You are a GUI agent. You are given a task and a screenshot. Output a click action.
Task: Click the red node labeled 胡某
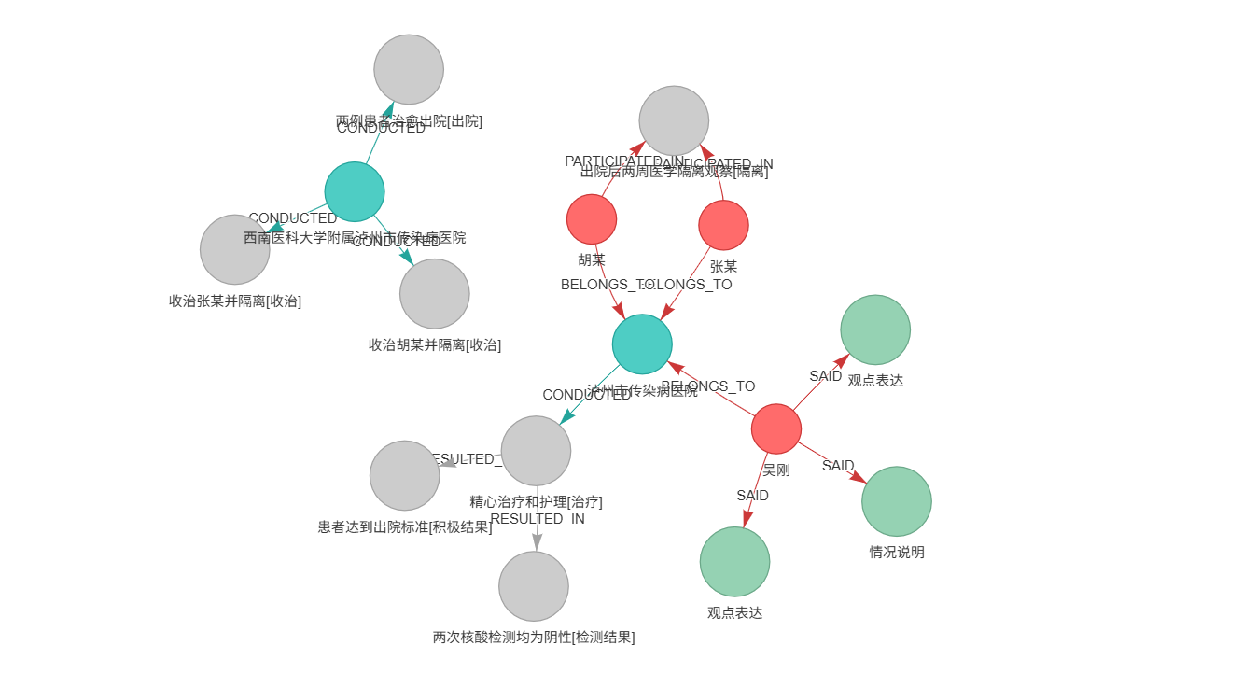click(592, 219)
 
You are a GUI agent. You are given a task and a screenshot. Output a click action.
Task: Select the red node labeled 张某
click(723, 225)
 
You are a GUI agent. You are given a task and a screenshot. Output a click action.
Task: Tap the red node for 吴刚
click(776, 428)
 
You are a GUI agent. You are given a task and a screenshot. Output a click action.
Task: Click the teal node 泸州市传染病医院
click(642, 344)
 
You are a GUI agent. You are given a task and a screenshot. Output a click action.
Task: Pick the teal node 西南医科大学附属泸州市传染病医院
click(355, 191)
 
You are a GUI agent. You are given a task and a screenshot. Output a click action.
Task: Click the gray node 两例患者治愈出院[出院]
click(409, 69)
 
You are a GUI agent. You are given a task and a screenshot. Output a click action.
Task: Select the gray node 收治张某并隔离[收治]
click(235, 249)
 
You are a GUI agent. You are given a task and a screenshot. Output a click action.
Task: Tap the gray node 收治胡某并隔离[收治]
click(435, 294)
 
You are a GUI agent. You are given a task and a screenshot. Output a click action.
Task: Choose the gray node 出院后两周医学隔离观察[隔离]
click(674, 121)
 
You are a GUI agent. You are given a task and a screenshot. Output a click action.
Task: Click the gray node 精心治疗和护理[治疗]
click(536, 451)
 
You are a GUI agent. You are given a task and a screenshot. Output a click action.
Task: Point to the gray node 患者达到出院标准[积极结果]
click(405, 475)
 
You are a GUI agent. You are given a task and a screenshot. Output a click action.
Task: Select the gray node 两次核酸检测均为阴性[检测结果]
click(534, 586)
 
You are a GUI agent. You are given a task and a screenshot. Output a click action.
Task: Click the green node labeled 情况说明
click(897, 501)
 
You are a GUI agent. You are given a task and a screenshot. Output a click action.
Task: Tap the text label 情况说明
click(897, 552)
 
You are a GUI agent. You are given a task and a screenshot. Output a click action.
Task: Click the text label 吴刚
click(776, 470)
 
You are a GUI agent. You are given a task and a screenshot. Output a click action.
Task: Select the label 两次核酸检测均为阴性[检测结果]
click(534, 638)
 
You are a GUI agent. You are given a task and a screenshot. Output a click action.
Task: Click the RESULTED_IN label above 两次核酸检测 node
click(538, 519)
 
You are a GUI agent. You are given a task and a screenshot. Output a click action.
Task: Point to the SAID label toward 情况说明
click(838, 466)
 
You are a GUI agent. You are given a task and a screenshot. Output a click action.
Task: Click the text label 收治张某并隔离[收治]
click(235, 301)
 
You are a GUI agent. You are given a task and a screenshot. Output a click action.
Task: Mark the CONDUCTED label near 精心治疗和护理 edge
click(587, 395)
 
